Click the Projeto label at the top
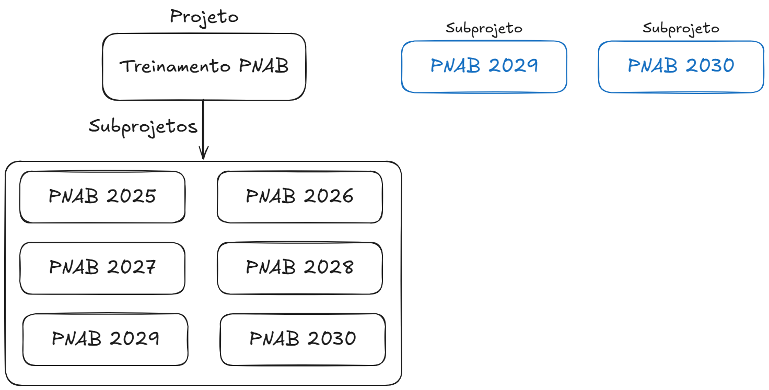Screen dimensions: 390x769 pyautogui.click(x=204, y=17)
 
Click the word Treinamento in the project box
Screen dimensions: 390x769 pyautogui.click(x=175, y=67)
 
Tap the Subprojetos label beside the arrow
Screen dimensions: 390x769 pyautogui.click(x=143, y=127)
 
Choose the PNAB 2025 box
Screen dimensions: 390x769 pyautogui.click(x=102, y=197)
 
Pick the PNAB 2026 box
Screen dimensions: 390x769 pyautogui.click(x=299, y=197)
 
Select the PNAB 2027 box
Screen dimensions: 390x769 pyautogui.click(x=102, y=268)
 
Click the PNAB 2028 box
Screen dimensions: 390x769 pyautogui.click(x=299, y=268)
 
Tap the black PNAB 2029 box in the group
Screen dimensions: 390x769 pyautogui.click(x=105, y=339)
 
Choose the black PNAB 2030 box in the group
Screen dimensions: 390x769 pyautogui.click(x=302, y=339)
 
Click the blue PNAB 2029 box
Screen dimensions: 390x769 pyautogui.click(x=484, y=66)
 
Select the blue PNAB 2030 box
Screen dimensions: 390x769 pyautogui.click(x=681, y=66)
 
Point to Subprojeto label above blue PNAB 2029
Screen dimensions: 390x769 pyautogui.click(x=484, y=28)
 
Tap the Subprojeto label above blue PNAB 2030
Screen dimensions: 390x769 pyautogui.click(x=681, y=28)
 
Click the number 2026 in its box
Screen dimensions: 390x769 pyautogui.click(x=328, y=196)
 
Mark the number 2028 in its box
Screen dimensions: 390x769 pyautogui.click(x=328, y=267)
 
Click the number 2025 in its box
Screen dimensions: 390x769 pyautogui.click(x=131, y=196)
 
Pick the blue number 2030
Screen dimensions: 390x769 pyautogui.click(x=709, y=66)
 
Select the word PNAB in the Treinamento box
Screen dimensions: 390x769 pyautogui.click(x=264, y=67)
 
